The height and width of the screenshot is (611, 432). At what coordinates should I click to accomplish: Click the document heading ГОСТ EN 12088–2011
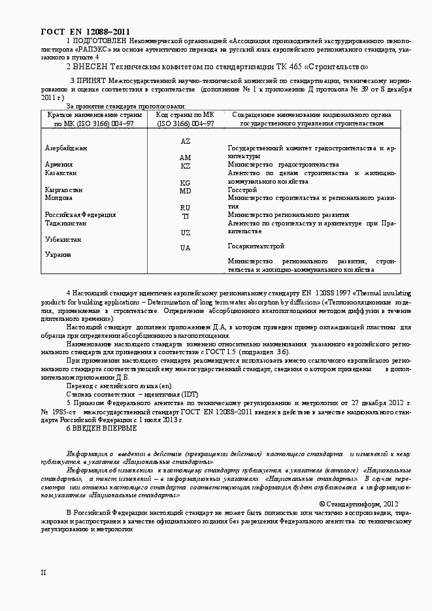[x=85, y=31]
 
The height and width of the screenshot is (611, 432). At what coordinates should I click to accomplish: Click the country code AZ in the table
[x=185, y=141]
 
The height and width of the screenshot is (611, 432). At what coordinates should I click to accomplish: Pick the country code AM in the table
[x=185, y=157]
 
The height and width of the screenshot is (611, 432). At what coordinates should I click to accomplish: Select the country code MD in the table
[x=185, y=191]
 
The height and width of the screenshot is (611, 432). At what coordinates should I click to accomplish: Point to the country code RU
[x=185, y=208]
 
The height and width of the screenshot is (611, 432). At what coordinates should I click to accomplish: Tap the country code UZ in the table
[x=185, y=232]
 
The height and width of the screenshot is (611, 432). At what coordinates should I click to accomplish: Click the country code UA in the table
[x=185, y=248]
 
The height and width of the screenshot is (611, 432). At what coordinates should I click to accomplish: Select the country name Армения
[x=59, y=165]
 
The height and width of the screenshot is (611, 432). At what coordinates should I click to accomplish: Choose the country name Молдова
[x=59, y=197]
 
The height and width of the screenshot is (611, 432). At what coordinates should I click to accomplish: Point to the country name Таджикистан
[x=65, y=223]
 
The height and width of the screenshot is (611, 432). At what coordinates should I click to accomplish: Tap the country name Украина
[x=58, y=254]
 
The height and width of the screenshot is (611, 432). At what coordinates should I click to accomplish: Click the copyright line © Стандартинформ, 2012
[x=358, y=504]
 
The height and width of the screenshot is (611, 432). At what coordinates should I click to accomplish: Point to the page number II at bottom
[x=43, y=572]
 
